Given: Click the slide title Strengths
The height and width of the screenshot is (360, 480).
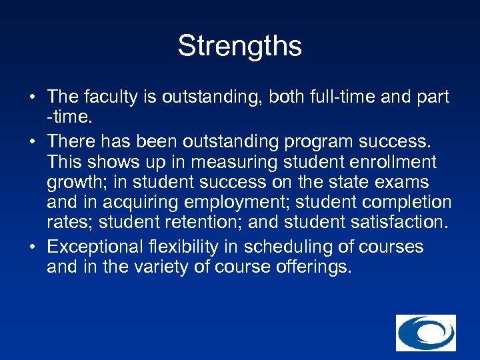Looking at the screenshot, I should (x=239, y=47).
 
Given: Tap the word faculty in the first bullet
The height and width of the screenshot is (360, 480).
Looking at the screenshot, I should (x=109, y=98).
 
